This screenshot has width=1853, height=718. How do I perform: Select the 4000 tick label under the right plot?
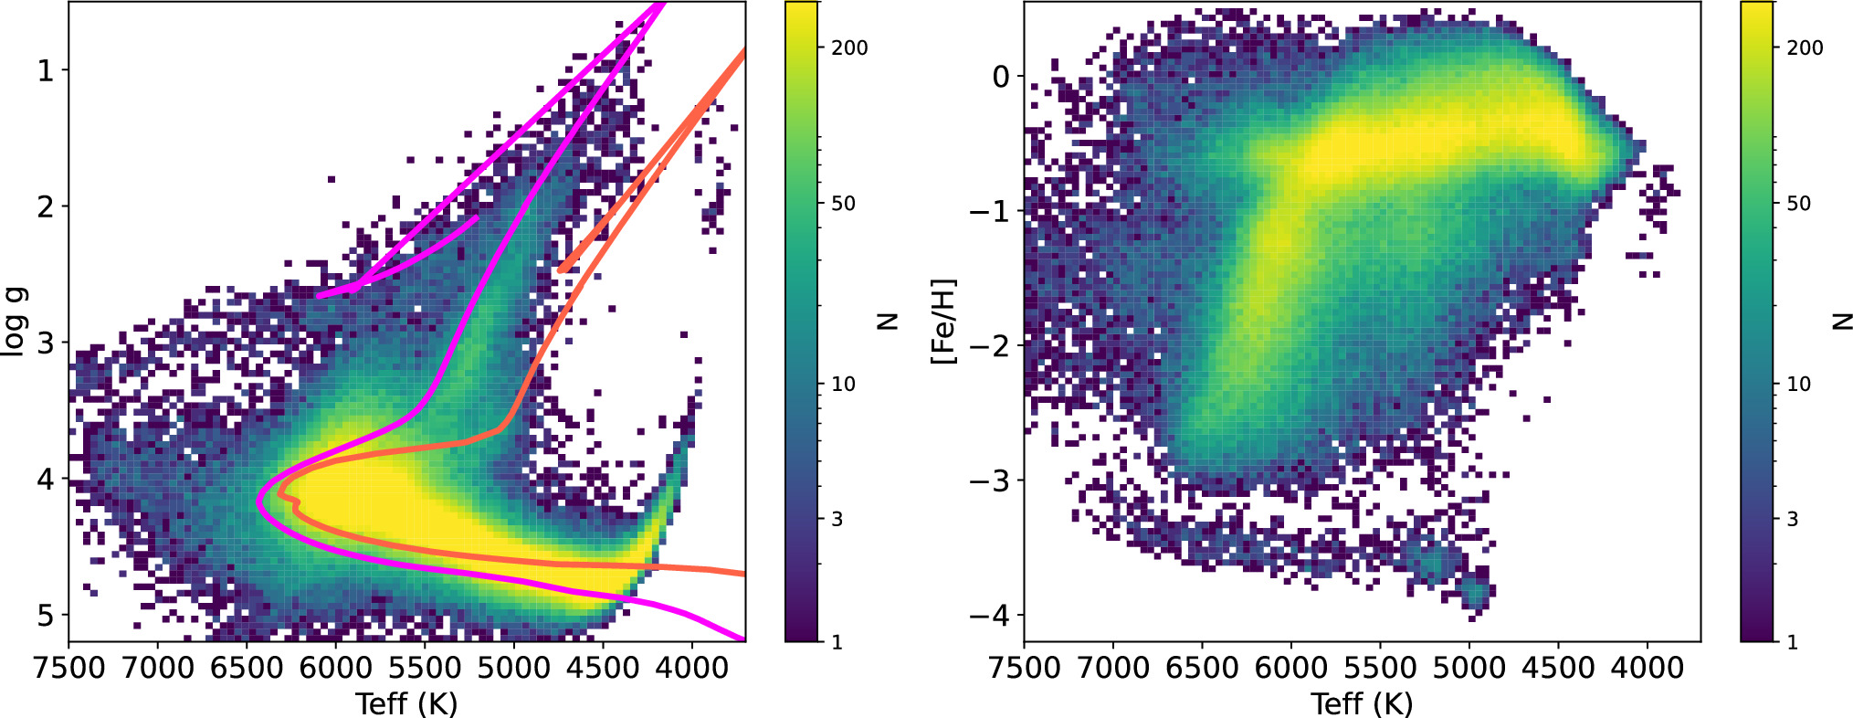(x=1647, y=668)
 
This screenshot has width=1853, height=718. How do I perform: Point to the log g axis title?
(x=16, y=322)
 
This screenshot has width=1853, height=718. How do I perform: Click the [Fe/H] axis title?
(x=942, y=322)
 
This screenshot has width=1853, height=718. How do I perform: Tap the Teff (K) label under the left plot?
(x=406, y=703)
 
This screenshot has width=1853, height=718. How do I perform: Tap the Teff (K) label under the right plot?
(x=1362, y=703)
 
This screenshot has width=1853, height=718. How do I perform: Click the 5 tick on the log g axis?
(x=46, y=615)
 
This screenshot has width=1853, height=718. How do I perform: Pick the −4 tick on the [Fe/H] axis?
(x=990, y=615)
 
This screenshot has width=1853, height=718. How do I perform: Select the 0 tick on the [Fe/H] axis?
(x=1001, y=77)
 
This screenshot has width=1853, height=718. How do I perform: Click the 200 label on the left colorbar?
(x=849, y=48)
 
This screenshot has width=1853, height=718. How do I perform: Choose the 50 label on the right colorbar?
(x=1798, y=203)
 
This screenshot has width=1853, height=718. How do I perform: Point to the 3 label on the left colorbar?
(x=837, y=519)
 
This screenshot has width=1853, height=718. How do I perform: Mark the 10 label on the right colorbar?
(x=1798, y=384)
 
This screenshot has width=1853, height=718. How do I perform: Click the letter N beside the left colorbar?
(x=887, y=322)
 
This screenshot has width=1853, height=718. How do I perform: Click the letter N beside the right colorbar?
(x=1842, y=322)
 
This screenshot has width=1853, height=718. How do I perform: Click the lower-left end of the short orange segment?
(x=560, y=270)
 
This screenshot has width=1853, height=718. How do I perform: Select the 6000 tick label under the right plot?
(x=1290, y=668)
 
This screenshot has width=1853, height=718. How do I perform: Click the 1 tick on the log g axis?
(x=46, y=70)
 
